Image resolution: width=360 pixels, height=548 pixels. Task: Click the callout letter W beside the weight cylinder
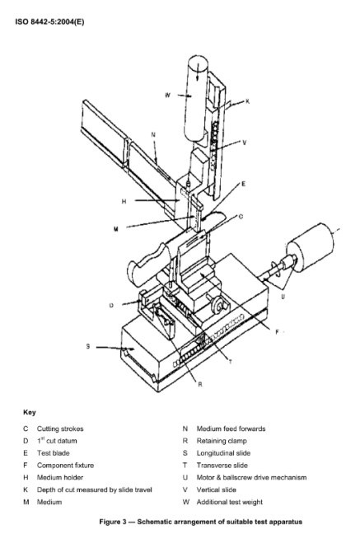(x=168, y=95)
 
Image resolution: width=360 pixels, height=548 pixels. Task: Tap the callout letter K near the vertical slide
(x=247, y=101)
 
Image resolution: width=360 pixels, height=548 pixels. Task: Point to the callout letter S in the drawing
(x=88, y=346)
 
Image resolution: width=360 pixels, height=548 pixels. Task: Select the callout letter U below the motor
(x=283, y=297)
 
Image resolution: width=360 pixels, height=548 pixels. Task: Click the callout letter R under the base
(x=200, y=385)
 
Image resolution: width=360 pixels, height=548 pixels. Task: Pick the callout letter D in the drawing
(x=111, y=305)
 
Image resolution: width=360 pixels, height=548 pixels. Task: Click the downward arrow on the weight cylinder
(x=198, y=72)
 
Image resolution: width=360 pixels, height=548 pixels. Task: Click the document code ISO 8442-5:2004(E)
(x=49, y=22)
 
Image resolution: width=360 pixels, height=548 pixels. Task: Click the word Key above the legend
(x=30, y=412)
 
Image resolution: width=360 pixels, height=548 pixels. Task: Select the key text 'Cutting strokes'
(x=60, y=429)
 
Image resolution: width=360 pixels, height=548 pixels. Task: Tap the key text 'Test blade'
(x=53, y=453)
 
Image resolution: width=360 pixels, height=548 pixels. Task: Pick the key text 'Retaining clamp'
(x=222, y=441)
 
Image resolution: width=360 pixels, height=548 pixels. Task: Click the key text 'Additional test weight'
(x=230, y=502)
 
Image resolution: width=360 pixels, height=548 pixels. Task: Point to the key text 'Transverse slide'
(x=222, y=466)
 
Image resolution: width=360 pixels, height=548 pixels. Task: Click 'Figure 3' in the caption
(x=113, y=522)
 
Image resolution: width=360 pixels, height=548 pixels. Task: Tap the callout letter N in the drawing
(x=153, y=134)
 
